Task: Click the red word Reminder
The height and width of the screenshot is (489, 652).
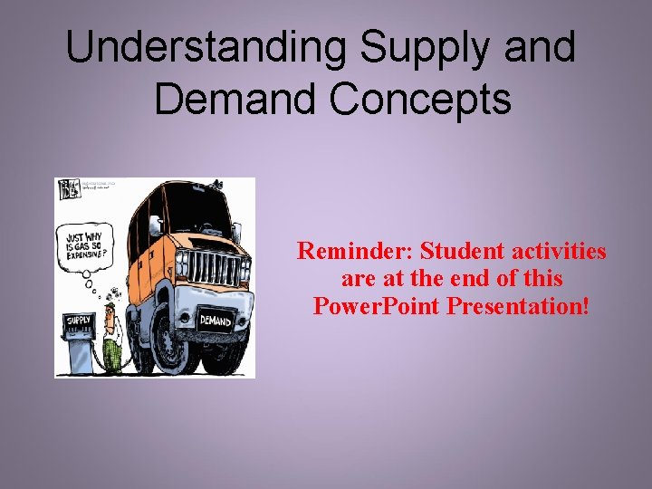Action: (355, 251)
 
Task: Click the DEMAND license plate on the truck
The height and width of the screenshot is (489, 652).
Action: (216, 321)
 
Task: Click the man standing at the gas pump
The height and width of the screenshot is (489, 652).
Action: (112, 335)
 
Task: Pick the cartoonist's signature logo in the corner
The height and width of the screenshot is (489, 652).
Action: (69, 189)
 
